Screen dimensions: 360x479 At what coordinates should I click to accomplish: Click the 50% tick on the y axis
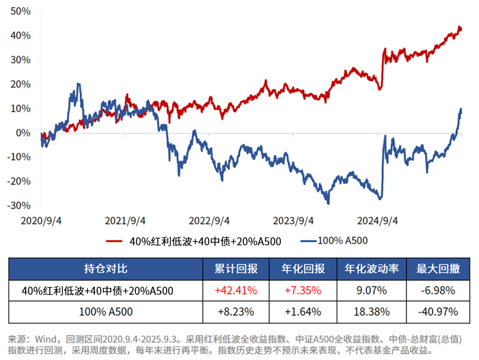click(x=20, y=11)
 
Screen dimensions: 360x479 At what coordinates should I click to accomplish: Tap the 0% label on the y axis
click(x=23, y=133)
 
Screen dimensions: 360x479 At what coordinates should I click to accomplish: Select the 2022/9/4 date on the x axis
click(x=209, y=220)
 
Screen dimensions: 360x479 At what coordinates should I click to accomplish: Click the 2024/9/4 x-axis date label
click(x=377, y=220)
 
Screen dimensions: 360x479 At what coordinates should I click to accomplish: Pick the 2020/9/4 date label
click(x=41, y=220)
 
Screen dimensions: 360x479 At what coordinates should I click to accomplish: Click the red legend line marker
click(x=115, y=241)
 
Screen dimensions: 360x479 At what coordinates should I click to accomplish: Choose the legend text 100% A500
click(x=343, y=240)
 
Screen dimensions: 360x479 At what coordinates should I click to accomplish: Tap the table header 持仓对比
click(x=106, y=269)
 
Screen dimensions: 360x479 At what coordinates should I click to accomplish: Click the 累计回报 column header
click(x=236, y=269)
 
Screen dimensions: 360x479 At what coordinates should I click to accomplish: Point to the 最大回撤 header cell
click(x=438, y=269)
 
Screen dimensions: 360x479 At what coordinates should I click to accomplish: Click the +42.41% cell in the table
click(x=236, y=291)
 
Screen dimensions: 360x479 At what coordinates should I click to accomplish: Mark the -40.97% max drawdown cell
click(x=438, y=312)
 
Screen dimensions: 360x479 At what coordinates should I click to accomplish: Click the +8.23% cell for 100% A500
click(x=236, y=312)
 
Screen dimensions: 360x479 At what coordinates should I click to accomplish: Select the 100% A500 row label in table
click(x=106, y=312)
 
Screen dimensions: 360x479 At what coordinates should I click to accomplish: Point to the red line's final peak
click(x=459, y=27)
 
